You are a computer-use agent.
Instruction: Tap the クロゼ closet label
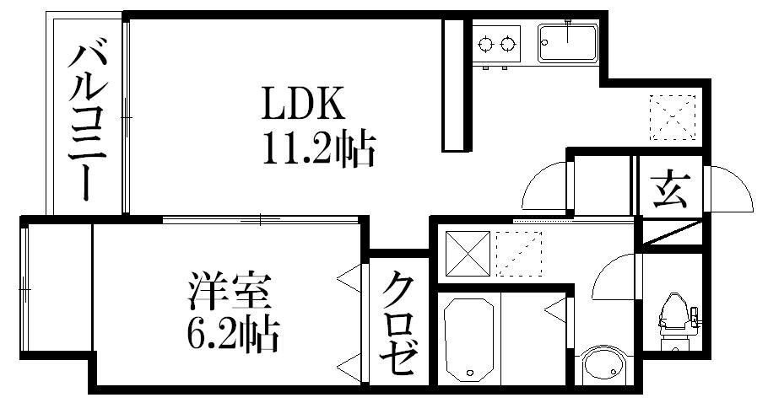398,324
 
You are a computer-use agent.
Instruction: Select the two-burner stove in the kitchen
496,42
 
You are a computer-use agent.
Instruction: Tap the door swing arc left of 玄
544,185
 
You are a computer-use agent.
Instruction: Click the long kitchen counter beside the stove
455,84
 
